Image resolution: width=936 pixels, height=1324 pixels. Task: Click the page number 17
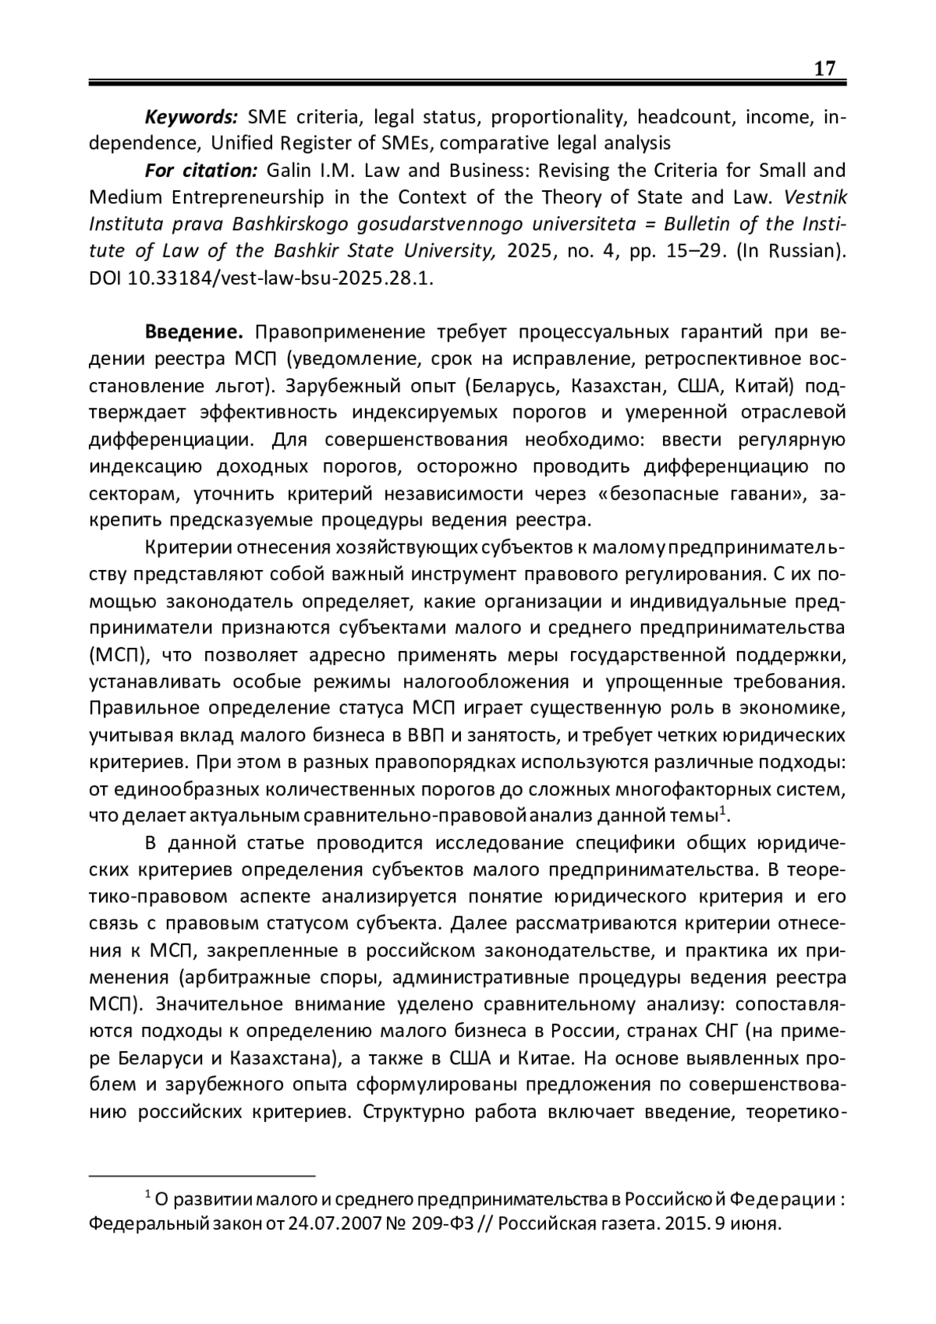[824, 69]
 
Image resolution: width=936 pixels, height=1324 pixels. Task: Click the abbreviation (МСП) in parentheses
[117, 654]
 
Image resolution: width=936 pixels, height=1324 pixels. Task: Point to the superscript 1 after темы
[722, 811]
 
